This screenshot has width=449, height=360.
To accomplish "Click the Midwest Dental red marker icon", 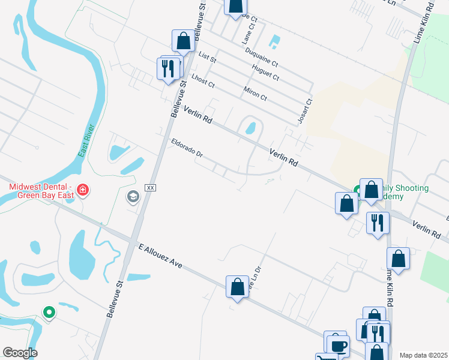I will click(x=82, y=191).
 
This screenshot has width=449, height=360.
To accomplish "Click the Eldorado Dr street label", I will click(x=187, y=148).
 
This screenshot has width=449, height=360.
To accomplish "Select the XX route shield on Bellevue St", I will click(x=151, y=188).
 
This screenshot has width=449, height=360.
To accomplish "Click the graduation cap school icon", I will click(x=133, y=196).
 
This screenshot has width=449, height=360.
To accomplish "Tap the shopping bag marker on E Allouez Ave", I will click(x=237, y=286).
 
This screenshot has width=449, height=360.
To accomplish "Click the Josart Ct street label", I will click(x=306, y=112).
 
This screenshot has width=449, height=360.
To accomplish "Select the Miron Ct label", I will click(x=255, y=94).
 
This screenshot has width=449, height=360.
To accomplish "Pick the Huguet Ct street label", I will click(x=267, y=73).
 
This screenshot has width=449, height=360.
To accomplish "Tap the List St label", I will click(x=206, y=58).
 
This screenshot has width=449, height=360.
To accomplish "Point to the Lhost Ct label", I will click(x=203, y=80).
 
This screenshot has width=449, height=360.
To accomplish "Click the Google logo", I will click(x=20, y=353).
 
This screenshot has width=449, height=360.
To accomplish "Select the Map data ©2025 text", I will click(x=423, y=355).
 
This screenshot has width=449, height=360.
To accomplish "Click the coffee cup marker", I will click(x=337, y=346).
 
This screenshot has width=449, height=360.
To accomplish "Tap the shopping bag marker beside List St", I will click(x=183, y=41).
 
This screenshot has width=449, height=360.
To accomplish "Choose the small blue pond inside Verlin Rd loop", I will click(x=251, y=128).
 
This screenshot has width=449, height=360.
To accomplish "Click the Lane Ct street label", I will click(x=249, y=31).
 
